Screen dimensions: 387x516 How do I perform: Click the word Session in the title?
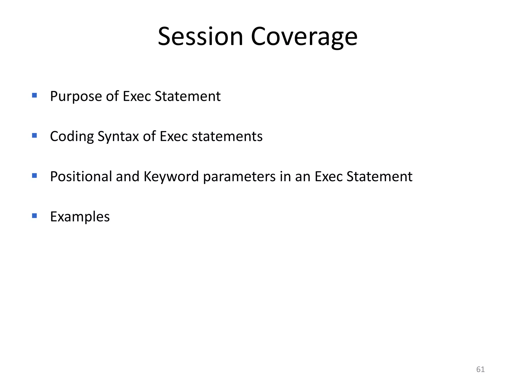pos(200,37)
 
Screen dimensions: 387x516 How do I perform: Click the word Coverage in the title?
pos(304,37)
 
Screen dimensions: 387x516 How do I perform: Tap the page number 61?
pos(480,369)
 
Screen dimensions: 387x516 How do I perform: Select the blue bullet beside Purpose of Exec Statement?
pos(35,95)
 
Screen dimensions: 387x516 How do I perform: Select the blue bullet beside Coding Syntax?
pos(35,136)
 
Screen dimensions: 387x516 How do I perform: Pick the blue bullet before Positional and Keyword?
pos(35,176)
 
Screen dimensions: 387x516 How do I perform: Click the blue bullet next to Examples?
pos(35,216)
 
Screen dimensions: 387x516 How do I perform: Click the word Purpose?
pos(76,96)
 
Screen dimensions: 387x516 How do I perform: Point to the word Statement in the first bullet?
pos(187,96)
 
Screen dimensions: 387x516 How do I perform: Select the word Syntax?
pos(118,137)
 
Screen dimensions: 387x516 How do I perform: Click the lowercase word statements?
pos(227,136)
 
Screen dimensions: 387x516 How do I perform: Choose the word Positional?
pos(81,176)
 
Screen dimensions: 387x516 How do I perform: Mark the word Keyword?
pos(171,176)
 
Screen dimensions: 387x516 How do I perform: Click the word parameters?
pos(239,177)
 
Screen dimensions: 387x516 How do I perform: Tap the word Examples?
pos(80,217)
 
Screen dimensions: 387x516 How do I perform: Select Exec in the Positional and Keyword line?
pos(329,176)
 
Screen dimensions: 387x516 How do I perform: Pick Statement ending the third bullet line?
pos(379,176)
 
